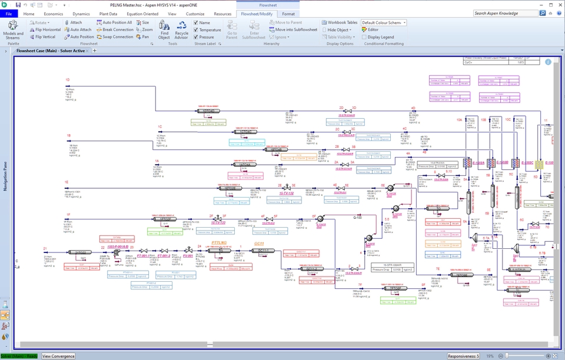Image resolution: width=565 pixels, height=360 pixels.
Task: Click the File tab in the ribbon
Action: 9,14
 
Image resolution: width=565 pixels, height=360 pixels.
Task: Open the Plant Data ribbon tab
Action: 108,14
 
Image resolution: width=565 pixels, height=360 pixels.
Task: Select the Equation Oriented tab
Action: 142,14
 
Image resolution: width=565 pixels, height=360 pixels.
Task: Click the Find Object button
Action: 164,29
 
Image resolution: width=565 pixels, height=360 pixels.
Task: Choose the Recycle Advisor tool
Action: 181,29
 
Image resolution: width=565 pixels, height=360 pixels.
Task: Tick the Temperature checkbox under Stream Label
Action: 197,29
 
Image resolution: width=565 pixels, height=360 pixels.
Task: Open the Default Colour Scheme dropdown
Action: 383,22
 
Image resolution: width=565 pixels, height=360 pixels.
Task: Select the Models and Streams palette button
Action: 13,29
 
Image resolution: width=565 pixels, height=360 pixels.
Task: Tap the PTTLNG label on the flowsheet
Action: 220,242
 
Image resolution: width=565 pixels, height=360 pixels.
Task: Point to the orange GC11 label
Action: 260,243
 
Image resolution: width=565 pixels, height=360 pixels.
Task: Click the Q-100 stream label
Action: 357,218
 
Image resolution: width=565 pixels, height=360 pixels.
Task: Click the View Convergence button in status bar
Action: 58,356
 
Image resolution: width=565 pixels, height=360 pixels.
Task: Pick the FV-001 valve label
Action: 188,256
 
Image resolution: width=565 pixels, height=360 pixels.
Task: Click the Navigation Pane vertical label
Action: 5,176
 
